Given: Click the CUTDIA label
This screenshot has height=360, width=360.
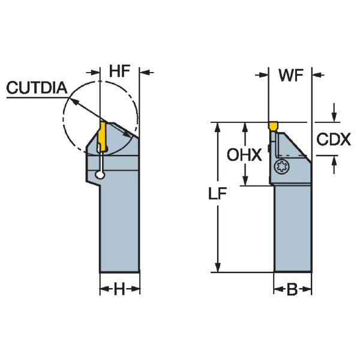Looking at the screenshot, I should point(37,88).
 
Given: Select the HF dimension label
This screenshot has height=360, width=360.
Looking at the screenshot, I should point(119,71).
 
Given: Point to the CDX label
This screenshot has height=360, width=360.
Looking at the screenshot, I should point(333,140).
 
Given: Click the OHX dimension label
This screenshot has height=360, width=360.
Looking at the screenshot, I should point(244,155).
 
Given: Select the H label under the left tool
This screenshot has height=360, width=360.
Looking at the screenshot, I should point(119,290).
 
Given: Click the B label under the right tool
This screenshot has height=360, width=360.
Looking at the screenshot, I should point(292,290).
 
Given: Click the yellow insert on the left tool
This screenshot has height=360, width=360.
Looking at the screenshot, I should point(101,136).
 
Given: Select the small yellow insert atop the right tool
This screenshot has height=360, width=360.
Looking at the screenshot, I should point(273,127).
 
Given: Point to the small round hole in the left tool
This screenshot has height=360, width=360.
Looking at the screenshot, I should point(100,175).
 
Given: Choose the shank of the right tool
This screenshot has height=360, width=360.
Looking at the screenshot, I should point(293,228).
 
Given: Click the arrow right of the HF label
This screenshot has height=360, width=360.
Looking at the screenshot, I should point(146,73).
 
